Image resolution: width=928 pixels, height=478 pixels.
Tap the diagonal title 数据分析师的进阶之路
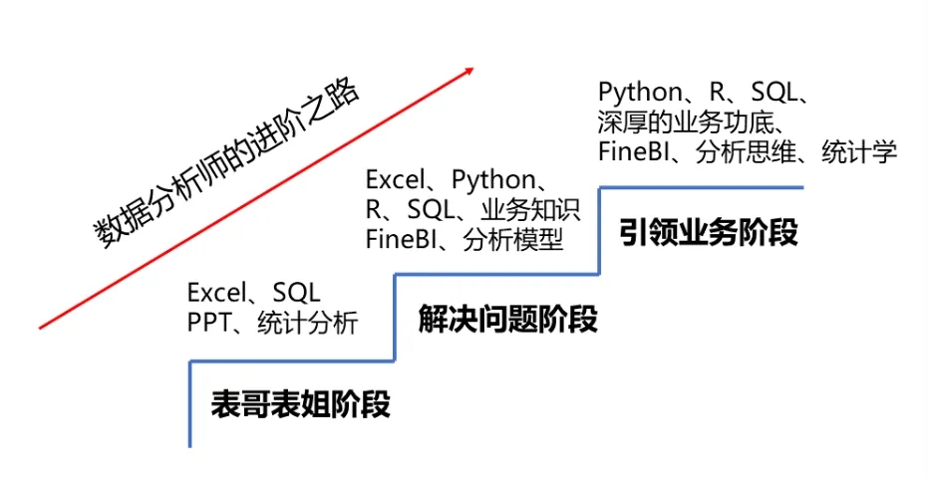point(228,164)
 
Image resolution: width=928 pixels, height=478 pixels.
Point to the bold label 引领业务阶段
point(709,233)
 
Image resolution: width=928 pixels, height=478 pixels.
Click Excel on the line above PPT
point(215,293)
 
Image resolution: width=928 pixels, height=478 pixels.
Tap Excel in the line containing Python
point(394,180)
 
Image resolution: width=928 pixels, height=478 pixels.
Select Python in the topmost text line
point(639,93)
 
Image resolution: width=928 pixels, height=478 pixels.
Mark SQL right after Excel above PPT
point(296,293)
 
